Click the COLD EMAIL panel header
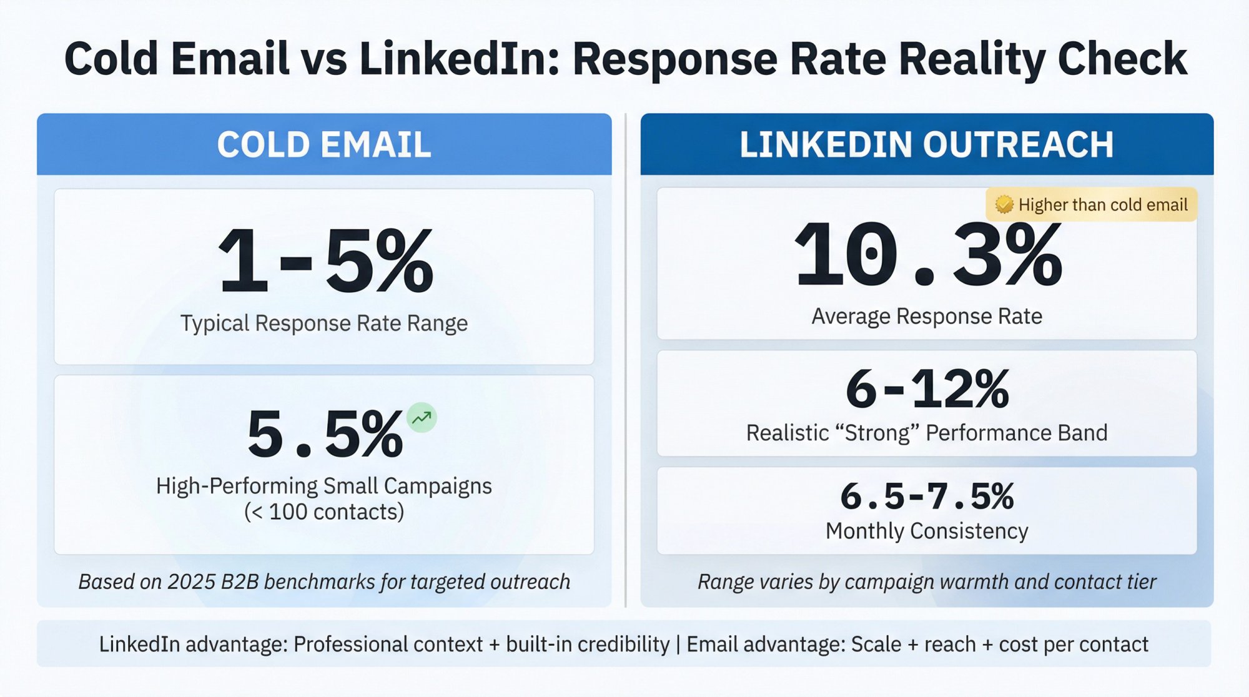323,144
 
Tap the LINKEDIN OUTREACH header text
926,144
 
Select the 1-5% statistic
325,260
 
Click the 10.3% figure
927,255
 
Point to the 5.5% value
325,433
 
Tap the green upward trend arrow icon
422,417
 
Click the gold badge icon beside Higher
1004,204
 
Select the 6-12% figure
927,388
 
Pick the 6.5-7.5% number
927,497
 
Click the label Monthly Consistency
927,531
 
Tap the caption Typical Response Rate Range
323,323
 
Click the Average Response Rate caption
927,316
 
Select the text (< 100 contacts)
323,512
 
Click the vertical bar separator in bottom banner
678,644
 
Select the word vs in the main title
325,59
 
